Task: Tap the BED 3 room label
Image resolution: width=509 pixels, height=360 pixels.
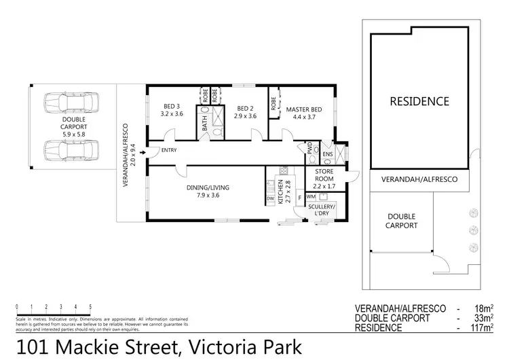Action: [x=170, y=107]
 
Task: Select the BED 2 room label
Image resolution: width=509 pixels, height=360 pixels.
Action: [x=245, y=108]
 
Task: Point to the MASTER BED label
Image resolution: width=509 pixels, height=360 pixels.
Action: [x=303, y=108]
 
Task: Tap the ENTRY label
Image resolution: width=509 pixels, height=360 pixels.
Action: [x=169, y=151]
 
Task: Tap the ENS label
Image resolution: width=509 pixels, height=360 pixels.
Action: [x=328, y=154]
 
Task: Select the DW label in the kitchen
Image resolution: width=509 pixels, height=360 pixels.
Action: [x=270, y=198]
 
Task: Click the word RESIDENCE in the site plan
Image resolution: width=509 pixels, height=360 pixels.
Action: [x=419, y=101]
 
